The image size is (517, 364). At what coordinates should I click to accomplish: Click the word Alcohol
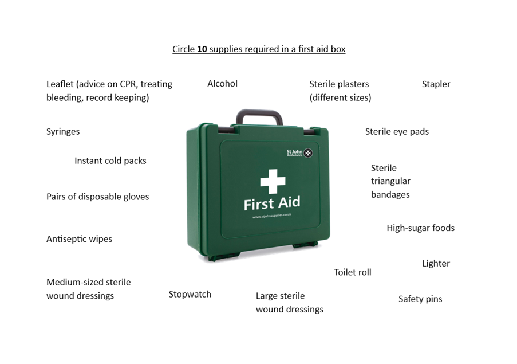(x=222, y=84)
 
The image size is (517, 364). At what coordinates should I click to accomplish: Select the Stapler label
(x=436, y=84)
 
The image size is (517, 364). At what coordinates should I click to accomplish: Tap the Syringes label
(x=63, y=132)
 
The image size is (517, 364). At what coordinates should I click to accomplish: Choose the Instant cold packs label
(x=110, y=161)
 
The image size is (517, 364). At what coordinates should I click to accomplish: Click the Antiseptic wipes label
(x=79, y=239)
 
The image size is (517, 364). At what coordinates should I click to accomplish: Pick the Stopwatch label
(x=190, y=295)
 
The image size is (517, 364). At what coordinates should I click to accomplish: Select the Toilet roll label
(x=353, y=272)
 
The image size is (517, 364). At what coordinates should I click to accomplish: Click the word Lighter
(x=436, y=263)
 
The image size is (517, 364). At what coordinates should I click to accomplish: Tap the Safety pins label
(x=420, y=299)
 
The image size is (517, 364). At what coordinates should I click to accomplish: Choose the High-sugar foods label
(x=421, y=228)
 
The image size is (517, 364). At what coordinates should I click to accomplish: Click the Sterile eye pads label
(x=397, y=132)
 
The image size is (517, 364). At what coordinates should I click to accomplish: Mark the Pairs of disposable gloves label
(x=97, y=197)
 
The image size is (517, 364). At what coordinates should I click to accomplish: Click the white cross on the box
(x=273, y=182)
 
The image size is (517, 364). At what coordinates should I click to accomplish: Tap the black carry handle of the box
(x=259, y=116)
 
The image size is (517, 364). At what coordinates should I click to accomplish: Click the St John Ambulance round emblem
(x=308, y=153)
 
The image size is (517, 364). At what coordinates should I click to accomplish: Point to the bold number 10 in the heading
(x=202, y=49)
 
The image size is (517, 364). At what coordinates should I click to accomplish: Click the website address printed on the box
(x=272, y=216)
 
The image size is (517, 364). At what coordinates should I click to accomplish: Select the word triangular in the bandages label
(x=390, y=181)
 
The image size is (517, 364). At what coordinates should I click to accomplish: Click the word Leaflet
(x=60, y=84)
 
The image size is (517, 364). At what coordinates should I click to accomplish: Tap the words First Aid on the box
(x=272, y=203)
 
